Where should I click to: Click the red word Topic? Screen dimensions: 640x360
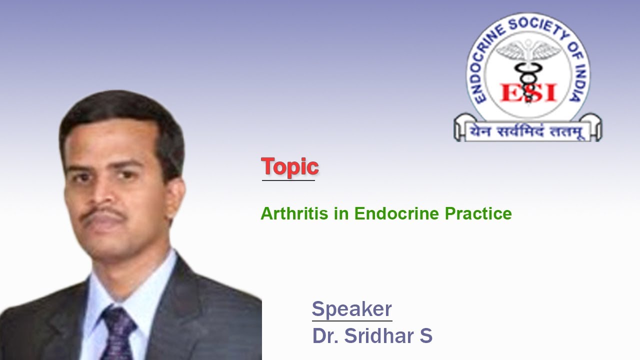pyautogui.click(x=289, y=167)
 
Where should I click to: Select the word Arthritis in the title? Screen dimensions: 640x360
pyautogui.click(x=294, y=213)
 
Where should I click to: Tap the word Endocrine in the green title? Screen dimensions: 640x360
pyautogui.click(x=396, y=213)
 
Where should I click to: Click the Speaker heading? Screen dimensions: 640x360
pyautogui.click(x=351, y=309)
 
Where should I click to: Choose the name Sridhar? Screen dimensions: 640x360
pyautogui.click(x=379, y=335)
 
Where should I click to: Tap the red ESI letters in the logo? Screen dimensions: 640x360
pyautogui.click(x=528, y=92)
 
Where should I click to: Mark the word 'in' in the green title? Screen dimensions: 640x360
pyautogui.click(x=341, y=213)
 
